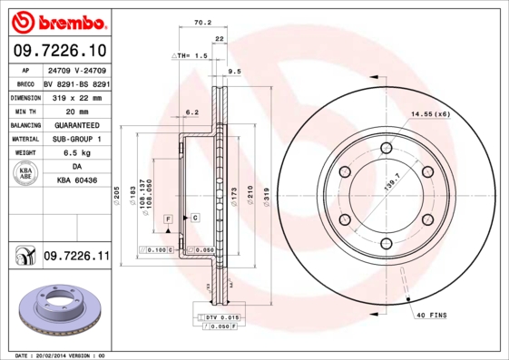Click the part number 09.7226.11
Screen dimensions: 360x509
[75, 258]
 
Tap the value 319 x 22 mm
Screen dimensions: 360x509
[77, 97]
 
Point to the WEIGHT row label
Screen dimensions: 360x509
[24, 153]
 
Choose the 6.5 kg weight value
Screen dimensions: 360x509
[77, 153]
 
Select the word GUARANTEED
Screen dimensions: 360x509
[77, 125]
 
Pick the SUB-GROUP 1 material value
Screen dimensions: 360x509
[77, 140]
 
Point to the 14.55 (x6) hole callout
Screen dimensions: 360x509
[431, 114]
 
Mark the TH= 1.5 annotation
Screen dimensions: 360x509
[192, 55]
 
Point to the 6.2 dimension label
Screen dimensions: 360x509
[191, 112]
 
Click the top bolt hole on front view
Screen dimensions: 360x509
[386, 148]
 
